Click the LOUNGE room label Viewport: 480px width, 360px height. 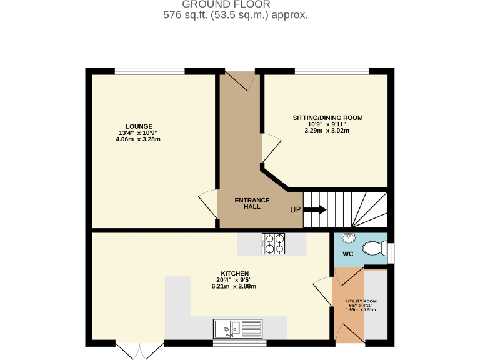click(x=138, y=126)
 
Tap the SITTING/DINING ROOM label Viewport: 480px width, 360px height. click(x=327, y=117)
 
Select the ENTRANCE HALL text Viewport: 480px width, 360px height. click(x=252, y=203)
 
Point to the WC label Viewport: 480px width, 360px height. click(x=348, y=254)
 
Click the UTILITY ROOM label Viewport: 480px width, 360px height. click(x=361, y=301)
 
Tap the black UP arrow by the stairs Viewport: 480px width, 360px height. click(x=314, y=210)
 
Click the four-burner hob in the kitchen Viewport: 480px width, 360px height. click(x=273, y=244)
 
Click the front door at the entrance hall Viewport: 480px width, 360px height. click(x=238, y=80)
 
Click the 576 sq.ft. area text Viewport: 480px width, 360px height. click(x=235, y=15)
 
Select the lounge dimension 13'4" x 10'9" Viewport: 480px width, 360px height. click(x=138, y=132)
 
